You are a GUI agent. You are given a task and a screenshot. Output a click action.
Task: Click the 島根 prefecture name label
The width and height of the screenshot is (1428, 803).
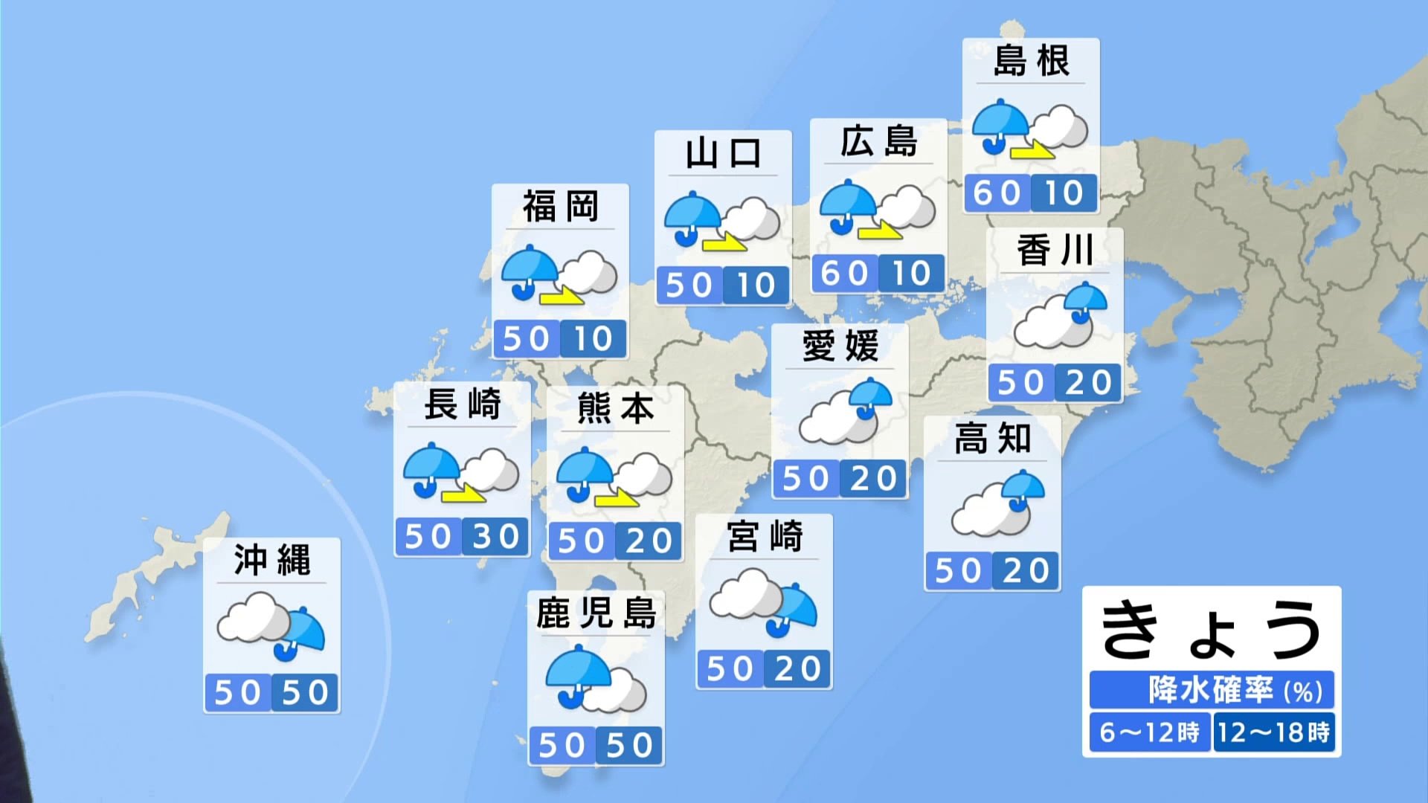[x=1031, y=61]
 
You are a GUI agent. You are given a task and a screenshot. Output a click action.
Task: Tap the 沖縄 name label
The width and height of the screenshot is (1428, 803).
[x=271, y=561]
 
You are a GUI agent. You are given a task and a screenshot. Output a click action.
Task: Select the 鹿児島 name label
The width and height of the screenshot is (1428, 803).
[x=596, y=613]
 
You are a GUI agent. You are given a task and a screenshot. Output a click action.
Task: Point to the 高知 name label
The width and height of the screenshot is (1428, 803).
[x=992, y=439]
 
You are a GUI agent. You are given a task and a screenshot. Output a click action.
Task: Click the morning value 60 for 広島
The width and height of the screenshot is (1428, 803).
[x=844, y=274]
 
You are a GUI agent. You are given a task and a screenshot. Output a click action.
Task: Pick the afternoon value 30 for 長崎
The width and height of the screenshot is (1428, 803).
[x=495, y=536]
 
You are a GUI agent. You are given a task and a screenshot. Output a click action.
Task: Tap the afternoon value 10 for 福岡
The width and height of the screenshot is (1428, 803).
[x=593, y=339]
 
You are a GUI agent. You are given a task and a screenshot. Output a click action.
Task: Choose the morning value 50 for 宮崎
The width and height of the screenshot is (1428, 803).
[x=730, y=669]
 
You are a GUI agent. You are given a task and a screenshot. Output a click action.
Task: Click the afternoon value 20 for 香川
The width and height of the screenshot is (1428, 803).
[x=1088, y=383]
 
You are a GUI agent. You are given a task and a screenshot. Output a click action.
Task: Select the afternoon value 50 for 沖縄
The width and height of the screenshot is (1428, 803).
[x=306, y=693]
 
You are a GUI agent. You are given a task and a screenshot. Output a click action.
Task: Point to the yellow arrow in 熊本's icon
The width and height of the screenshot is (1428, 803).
[x=617, y=498]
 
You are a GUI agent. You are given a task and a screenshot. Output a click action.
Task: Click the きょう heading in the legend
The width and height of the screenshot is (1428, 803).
[x=1211, y=630]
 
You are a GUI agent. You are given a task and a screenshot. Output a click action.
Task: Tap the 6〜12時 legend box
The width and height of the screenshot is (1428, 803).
[x=1149, y=732]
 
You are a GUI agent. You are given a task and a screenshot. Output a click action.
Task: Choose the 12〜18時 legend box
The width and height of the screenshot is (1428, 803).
[x=1273, y=732]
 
